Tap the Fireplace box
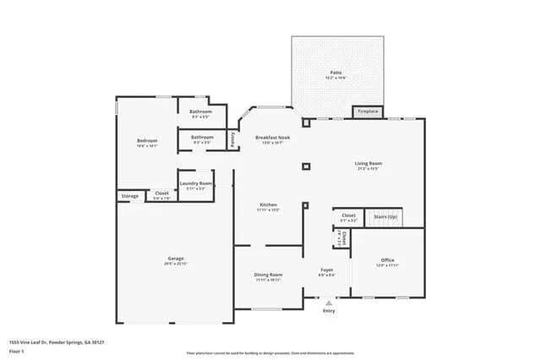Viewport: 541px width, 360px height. pos(368,112)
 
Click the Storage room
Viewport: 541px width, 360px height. pos(129,196)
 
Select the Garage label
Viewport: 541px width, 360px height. pos(176,259)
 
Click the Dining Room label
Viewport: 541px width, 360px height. pos(268,275)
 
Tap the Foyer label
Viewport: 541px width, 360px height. pos(325,270)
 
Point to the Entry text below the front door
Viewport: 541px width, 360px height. pos(329,311)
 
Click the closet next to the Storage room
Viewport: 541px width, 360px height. pos(161,194)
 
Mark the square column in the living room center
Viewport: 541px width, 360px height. pos(305,166)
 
